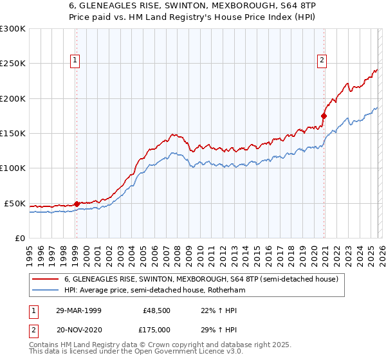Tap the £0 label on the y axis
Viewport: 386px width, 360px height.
(x=20, y=238)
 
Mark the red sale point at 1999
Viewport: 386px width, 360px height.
(x=77, y=204)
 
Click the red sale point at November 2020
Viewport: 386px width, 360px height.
(x=324, y=116)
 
